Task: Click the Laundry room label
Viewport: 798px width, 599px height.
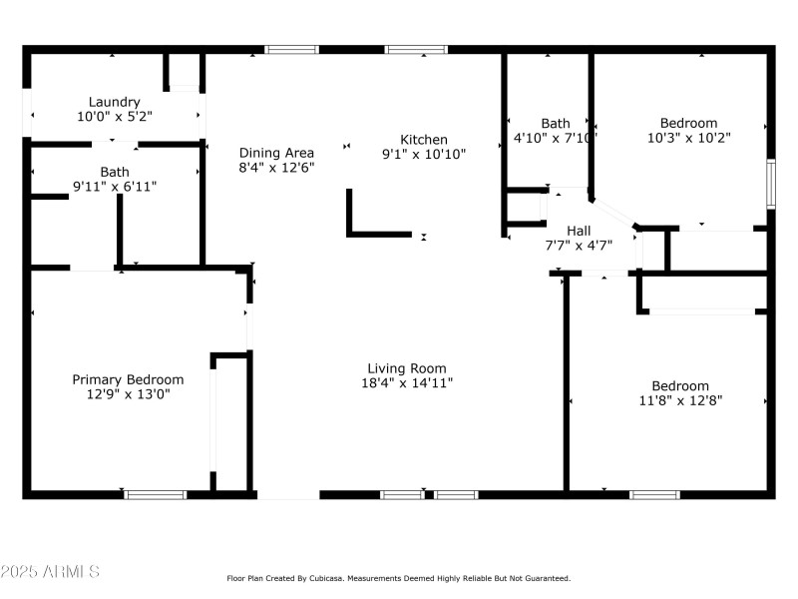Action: [114, 102]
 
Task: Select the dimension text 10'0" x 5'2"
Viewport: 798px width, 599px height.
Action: [114, 117]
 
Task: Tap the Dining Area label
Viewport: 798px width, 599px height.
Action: [276, 153]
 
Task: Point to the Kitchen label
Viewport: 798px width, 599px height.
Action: [424, 140]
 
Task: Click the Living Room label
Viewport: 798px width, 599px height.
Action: [406, 368]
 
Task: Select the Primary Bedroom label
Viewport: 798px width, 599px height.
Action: [128, 379]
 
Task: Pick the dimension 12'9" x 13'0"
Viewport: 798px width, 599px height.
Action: [128, 394]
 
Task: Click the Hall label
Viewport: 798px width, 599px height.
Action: [579, 231]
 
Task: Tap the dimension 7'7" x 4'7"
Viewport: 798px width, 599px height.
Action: [579, 245]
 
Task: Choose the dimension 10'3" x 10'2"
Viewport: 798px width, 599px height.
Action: [689, 139]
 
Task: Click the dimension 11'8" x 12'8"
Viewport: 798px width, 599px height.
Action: [680, 400]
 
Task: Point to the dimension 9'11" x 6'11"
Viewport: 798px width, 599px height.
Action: [114, 187]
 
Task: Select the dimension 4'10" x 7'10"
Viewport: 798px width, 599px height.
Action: [555, 139]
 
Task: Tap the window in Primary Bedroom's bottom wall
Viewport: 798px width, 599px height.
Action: [155, 494]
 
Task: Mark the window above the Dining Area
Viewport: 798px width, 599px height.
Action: [291, 49]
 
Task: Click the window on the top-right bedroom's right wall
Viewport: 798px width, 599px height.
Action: [770, 184]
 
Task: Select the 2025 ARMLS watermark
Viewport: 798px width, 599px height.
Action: [50, 572]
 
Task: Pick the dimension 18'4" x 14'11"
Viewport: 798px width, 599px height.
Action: [406, 383]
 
